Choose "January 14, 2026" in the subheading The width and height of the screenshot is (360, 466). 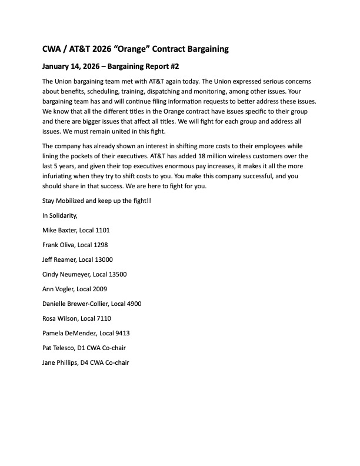point(71,66)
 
